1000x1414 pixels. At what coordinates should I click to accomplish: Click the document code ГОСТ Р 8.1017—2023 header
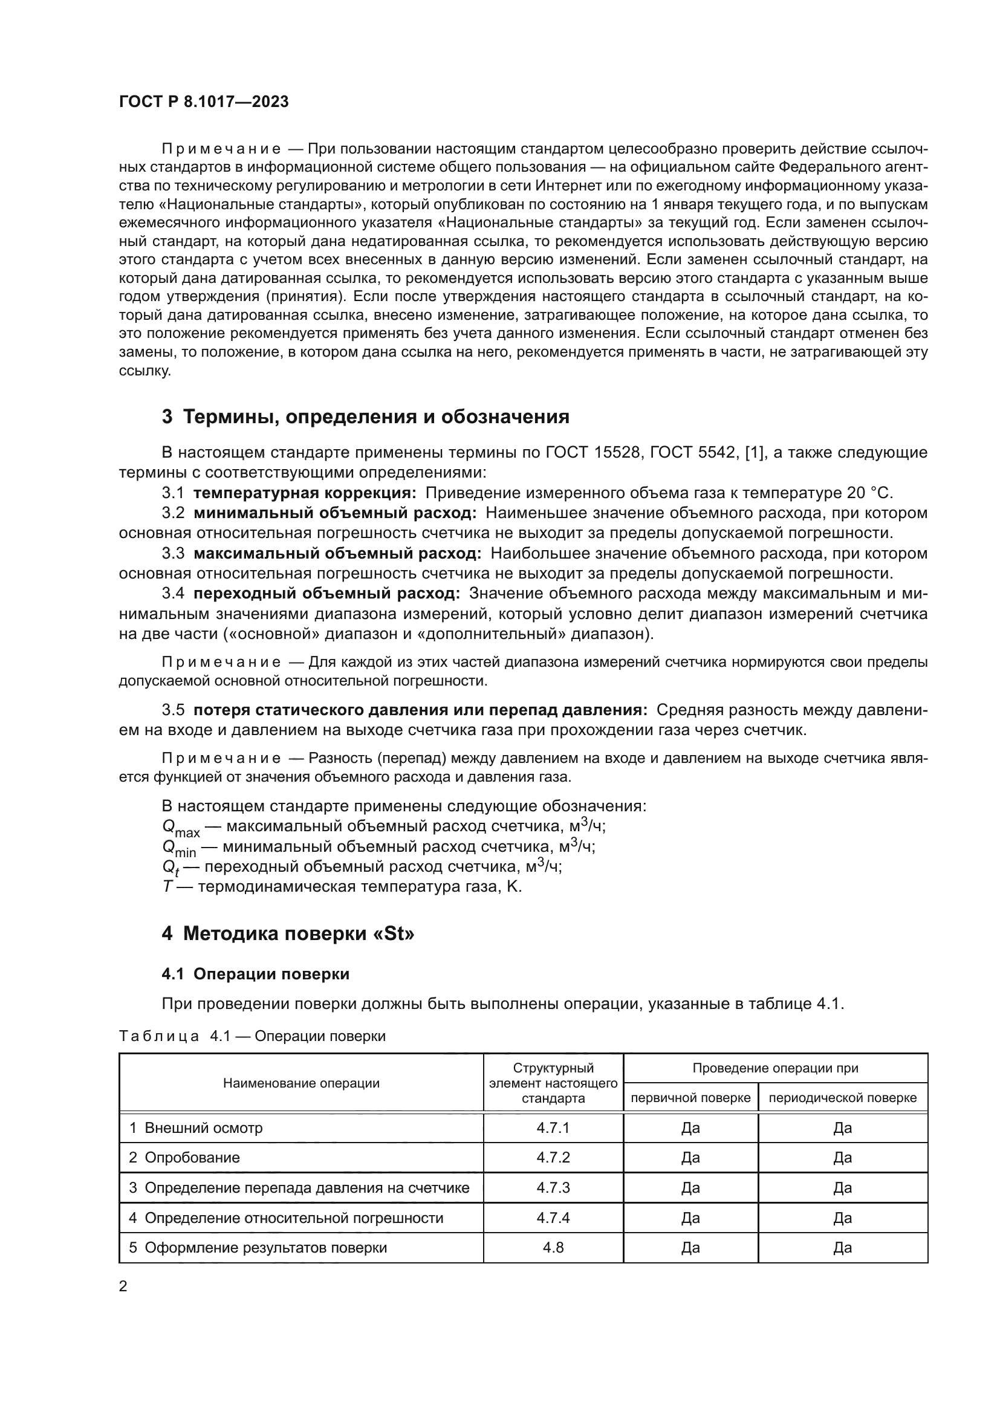(x=204, y=102)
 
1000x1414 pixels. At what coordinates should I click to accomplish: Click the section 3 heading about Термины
(x=365, y=417)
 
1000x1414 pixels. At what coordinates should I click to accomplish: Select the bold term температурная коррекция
(x=305, y=493)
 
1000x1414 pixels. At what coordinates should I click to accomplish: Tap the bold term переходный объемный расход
(x=326, y=594)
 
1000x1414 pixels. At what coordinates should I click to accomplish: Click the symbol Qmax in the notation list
(x=180, y=828)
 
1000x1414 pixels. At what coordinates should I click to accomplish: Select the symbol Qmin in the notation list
(x=178, y=849)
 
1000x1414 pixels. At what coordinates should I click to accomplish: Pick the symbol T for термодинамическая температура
(x=167, y=887)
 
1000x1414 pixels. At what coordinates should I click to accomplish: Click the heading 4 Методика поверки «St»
(x=288, y=934)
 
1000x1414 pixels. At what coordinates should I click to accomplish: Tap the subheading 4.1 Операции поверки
(x=256, y=975)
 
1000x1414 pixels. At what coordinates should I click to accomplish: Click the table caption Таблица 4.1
(x=252, y=1036)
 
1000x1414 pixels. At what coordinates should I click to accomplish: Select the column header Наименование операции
(x=301, y=1083)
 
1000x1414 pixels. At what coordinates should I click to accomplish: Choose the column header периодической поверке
(x=842, y=1097)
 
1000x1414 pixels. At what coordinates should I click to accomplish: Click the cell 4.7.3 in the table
(x=553, y=1187)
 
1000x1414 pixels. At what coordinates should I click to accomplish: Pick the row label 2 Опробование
(x=184, y=1157)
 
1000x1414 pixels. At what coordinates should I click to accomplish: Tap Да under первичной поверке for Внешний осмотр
(x=690, y=1127)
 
